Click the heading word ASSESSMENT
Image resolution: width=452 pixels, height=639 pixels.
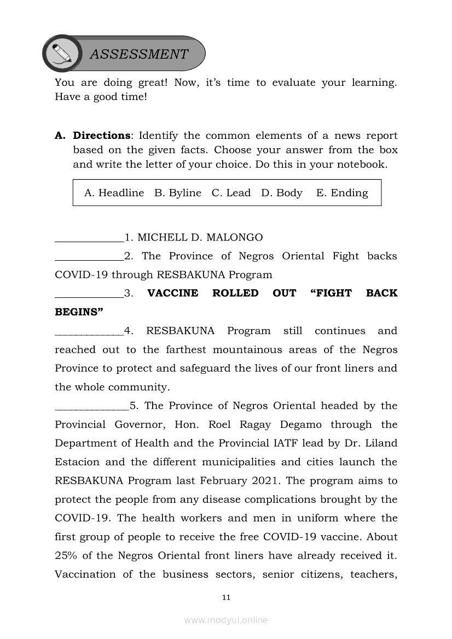click(x=138, y=54)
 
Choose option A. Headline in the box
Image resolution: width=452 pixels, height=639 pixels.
click(x=114, y=193)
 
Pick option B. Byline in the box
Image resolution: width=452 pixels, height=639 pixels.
click(x=178, y=193)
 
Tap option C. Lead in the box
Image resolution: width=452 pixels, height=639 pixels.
click(x=231, y=193)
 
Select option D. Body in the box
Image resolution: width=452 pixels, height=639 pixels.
click(x=282, y=193)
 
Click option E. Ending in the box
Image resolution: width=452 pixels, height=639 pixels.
click(x=342, y=193)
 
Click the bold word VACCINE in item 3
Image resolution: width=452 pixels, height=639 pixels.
click(x=173, y=294)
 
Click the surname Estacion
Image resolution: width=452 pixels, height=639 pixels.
click(x=77, y=462)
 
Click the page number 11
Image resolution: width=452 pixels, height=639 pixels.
click(x=227, y=597)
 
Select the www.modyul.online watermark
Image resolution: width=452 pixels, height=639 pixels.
click(x=226, y=620)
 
